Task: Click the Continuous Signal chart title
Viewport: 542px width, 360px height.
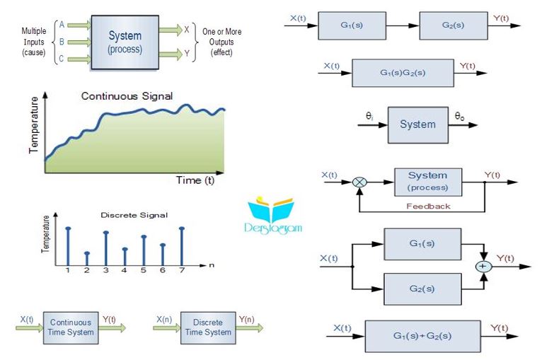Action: coord(127,96)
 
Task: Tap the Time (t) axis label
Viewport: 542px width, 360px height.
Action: coord(195,180)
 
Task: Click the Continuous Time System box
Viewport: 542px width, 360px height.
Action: coord(71,327)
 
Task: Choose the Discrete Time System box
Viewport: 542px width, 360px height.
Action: coord(207,327)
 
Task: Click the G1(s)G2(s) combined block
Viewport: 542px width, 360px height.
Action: coord(403,73)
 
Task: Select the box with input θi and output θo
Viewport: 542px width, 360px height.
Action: coord(417,124)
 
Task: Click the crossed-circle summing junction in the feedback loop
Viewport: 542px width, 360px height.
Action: coord(359,182)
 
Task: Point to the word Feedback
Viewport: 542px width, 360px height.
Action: coord(428,207)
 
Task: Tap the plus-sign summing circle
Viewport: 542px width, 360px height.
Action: coord(484,267)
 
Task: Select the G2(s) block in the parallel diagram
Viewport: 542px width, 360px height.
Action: coord(422,289)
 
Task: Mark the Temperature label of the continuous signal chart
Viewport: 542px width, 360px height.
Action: coord(33,128)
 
